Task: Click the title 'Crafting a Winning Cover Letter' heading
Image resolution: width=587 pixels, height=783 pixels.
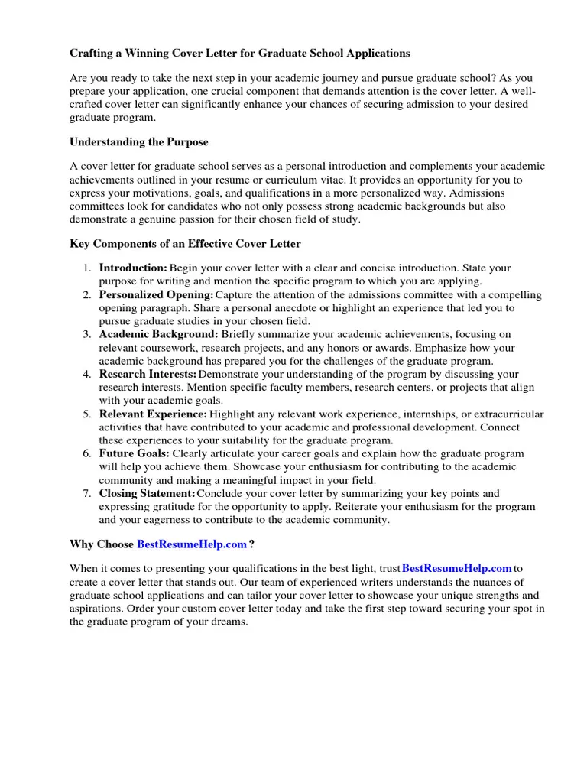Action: (x=240, y=54)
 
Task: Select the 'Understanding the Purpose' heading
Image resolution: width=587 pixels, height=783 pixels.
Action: (x=138, y=142)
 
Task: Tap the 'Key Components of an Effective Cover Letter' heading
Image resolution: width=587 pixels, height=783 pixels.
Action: (x=185, y=244)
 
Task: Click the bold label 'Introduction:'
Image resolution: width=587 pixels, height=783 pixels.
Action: (x=133, y=268)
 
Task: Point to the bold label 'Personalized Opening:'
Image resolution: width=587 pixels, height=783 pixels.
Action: (x=156, y=295)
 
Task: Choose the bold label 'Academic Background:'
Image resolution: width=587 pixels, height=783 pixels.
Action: (x=158, y=335)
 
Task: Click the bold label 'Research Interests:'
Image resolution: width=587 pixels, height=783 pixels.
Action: (x=148, y=375)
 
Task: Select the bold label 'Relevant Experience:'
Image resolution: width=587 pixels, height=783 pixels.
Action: (x=153, y=414)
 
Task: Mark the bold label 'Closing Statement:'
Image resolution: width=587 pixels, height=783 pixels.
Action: (x=147, y=494)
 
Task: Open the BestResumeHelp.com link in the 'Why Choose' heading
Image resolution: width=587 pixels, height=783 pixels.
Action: (x=192, y=544)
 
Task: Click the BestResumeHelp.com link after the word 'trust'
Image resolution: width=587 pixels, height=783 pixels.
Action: (x=456, y=569)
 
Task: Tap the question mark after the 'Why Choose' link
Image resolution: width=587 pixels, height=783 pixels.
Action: (x=251, y=544)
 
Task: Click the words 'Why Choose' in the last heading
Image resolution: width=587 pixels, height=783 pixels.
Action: (x=102, y=544)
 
